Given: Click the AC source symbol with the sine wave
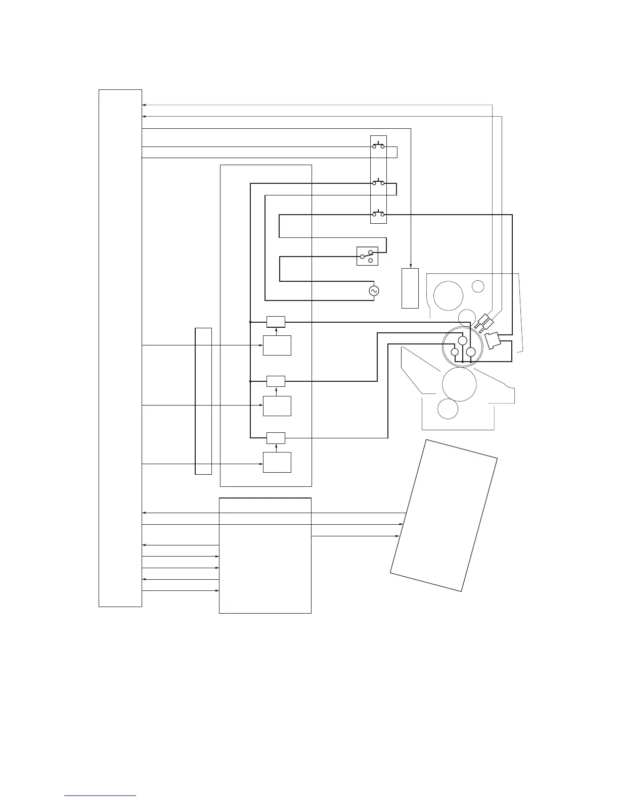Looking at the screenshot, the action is [x=374, y=291].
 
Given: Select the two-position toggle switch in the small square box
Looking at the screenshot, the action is [x=368, y=256].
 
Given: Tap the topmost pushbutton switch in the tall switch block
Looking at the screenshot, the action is [x=378, y=146].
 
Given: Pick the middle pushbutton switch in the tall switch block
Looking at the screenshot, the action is [x=378, y=183].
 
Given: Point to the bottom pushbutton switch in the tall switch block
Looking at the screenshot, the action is [x=378, y=215].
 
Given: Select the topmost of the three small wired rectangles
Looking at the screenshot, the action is [x=276, y=322].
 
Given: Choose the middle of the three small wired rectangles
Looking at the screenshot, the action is [x=276, y=381].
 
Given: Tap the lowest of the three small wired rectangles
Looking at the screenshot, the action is [x=276, y=438].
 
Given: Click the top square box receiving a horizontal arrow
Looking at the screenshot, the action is [x=277, y=345].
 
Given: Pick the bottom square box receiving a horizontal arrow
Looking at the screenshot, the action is [x=277, y=462].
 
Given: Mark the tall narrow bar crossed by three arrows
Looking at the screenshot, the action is [x=203, y=401].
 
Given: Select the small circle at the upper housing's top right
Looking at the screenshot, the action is [x=478, y=286].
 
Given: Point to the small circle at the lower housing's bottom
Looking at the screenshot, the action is [x=448, y=408].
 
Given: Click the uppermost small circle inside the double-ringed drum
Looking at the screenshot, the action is [x=462, y=341].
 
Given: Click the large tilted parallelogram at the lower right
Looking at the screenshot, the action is [x=444, y=515].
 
